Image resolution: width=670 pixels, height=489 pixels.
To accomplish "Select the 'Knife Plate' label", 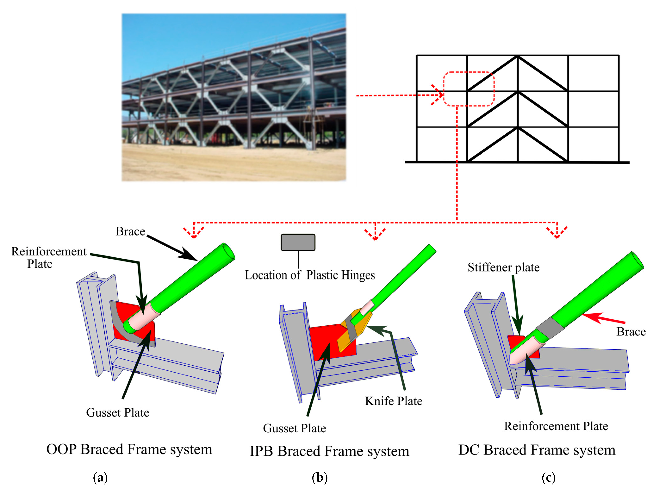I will point(393,401).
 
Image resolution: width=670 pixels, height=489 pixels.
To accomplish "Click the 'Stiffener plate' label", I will point(503,267).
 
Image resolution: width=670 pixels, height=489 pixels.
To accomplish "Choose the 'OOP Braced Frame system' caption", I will point(129,449).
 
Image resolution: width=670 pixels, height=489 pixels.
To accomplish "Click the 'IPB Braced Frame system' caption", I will point(329,451).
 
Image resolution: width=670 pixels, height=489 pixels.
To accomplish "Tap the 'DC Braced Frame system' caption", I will point(537,450).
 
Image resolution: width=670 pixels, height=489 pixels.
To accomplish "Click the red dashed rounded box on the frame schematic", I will point(468,89).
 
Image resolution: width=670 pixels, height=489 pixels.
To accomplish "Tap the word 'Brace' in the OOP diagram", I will point(130,231).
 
